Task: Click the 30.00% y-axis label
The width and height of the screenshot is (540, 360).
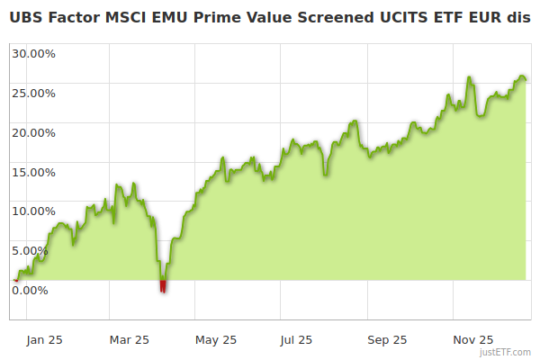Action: [x=33, y=53]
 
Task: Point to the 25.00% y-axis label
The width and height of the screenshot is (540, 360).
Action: [x=33, y=93]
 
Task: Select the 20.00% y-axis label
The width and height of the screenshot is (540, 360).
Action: [x=33, y=132]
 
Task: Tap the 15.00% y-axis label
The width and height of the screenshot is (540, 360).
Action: [x=33, y=172]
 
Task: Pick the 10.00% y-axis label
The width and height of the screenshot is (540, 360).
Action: [x=33, y=211]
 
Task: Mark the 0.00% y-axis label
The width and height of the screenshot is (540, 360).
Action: [x=31, y=290]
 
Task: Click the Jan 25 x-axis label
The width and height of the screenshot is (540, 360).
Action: [x=45, y=339]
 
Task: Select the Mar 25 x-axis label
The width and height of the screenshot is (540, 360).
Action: [x=130, y=339]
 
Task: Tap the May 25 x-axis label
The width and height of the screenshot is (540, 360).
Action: [x=216, y=339]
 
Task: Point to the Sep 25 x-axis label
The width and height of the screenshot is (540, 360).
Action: [x=387, y=339]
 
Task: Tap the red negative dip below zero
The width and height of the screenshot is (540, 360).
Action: [x=163, y=286]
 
